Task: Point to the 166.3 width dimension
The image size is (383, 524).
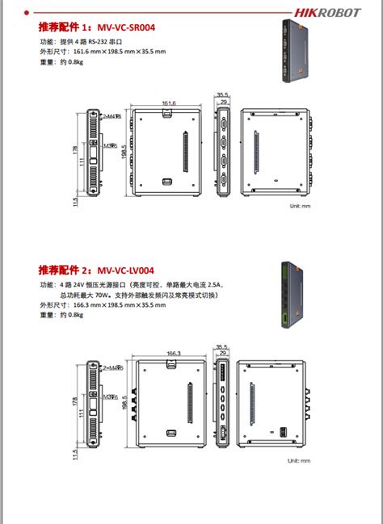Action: pyautogui.click(x=173, y=353)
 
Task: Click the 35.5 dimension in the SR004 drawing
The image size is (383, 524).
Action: pyautogui.click(x=223, y=94)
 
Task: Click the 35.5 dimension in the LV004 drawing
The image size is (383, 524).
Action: pyautogui.click(x=222, y=346)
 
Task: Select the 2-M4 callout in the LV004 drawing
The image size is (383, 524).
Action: pyautogui.click(x=111, y=367)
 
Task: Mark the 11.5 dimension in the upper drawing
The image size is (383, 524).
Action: pyautogui.click(x=75, y=199)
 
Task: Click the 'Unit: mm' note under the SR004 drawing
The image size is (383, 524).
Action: pyautogui.click(x=300, y=206)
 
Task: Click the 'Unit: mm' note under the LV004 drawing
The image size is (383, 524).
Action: pyautogui.click(x=300, y=461)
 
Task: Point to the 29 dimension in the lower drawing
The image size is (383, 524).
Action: pyautogui.click(x=223, y=354)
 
